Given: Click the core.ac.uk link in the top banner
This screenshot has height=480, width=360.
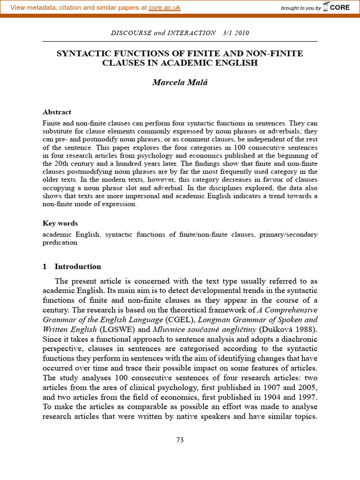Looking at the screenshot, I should click(165, 7).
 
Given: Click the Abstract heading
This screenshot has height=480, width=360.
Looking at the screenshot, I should click(57, 112).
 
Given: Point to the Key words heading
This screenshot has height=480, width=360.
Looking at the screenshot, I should click(60, 223).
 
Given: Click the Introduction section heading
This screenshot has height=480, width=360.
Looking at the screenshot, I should click(77, 266).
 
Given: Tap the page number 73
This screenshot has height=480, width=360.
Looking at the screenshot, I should click(180, 440).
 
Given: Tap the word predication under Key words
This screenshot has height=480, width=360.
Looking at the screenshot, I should click(60, 243).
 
